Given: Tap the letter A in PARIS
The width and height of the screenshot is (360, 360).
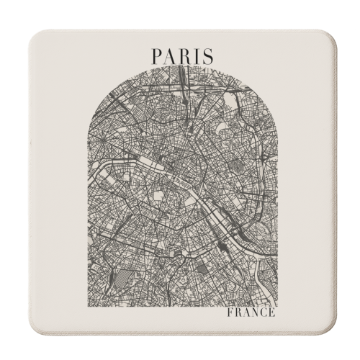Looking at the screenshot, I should (171, 55).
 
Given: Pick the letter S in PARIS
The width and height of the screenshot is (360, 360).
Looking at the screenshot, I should (207, 55).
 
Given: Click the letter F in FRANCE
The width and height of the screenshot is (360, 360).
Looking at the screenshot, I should (229, 294).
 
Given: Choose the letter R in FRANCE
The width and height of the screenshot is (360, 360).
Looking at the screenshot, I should (237, 294).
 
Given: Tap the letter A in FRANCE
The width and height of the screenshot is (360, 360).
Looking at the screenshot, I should (245, 294).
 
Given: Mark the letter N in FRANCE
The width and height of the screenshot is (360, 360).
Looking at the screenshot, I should (254, 294).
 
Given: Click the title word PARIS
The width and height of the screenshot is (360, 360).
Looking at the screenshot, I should (181, 55).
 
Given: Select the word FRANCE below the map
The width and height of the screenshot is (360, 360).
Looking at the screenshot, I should (251, 294).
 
